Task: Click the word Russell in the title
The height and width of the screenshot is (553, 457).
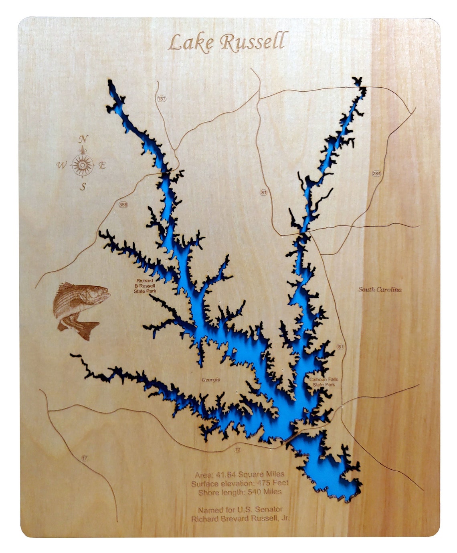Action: [x=254, y=42]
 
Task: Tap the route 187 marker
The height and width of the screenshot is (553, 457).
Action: [x=161, y=99]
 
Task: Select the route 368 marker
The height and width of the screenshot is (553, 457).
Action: [x=123, y=205]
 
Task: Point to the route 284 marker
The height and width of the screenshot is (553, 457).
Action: [x=376, y=173]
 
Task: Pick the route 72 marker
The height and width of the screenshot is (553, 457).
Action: [x=238, y=450]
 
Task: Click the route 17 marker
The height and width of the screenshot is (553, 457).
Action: [x=84, y=458]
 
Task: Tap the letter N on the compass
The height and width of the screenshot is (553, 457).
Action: [x=83, y=139]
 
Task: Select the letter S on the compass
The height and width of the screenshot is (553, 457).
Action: [x=83, y=187]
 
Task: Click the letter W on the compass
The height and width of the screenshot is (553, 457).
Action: [x=61, y=165]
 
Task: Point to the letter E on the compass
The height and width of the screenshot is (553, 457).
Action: [x=102, y=165]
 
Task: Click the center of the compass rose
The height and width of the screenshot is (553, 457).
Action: [x=83, y=165]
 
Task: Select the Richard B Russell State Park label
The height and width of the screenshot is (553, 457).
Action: [x=145, y=286]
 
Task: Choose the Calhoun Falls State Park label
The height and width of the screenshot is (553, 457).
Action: [x=324, y=382]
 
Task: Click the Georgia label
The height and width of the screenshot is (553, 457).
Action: [x=211, y=380]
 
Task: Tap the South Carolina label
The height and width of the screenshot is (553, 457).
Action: [x=380, y=289]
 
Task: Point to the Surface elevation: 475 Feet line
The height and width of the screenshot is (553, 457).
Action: [x=240, y=483]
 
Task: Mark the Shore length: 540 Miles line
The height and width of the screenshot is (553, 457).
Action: [x=240, y=492]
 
